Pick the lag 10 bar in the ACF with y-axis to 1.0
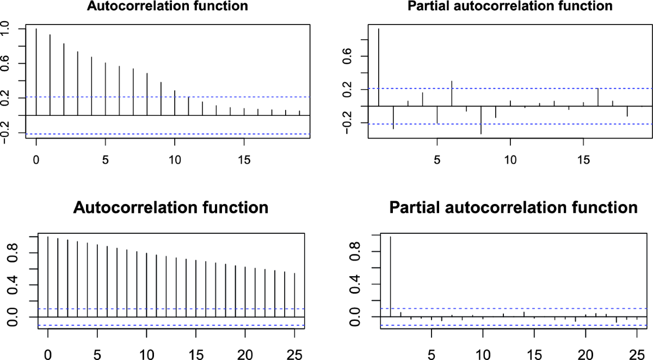[x=175, y=103]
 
